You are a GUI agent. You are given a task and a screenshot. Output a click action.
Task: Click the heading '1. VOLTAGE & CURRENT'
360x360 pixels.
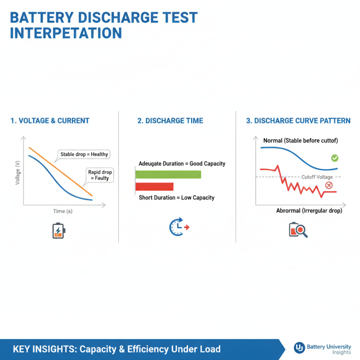tap(49, 121)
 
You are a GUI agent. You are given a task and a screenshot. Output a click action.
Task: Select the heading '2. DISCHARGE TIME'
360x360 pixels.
tap(170, 121)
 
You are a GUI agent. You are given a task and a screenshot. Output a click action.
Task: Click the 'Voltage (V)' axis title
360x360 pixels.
tap(18, 173)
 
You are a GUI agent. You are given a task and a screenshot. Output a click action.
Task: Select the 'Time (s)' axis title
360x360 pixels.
tap(63, 211)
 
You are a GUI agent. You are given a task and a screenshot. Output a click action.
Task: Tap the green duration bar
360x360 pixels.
tap(168, 175)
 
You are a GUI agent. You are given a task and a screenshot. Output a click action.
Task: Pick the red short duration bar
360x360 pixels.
tap(154, 186)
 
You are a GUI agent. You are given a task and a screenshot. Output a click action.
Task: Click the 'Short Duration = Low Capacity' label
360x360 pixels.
tap(176, 198)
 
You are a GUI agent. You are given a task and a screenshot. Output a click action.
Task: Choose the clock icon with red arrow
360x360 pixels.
tap(179, 227)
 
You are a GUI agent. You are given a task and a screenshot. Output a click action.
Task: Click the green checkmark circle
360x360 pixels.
tap(334, 158)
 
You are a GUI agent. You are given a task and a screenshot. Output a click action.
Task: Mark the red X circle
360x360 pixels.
tap(329, 185)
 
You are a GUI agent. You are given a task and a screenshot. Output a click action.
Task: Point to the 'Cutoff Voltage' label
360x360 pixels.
tap(317, 177)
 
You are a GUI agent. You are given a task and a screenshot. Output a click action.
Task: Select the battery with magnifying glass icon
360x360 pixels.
tap(297, 229)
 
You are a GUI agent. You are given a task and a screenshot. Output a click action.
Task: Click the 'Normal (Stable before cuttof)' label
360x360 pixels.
tap(300, 141)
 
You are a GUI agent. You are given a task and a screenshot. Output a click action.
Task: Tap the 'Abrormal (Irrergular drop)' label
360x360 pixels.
tap(309, 211)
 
